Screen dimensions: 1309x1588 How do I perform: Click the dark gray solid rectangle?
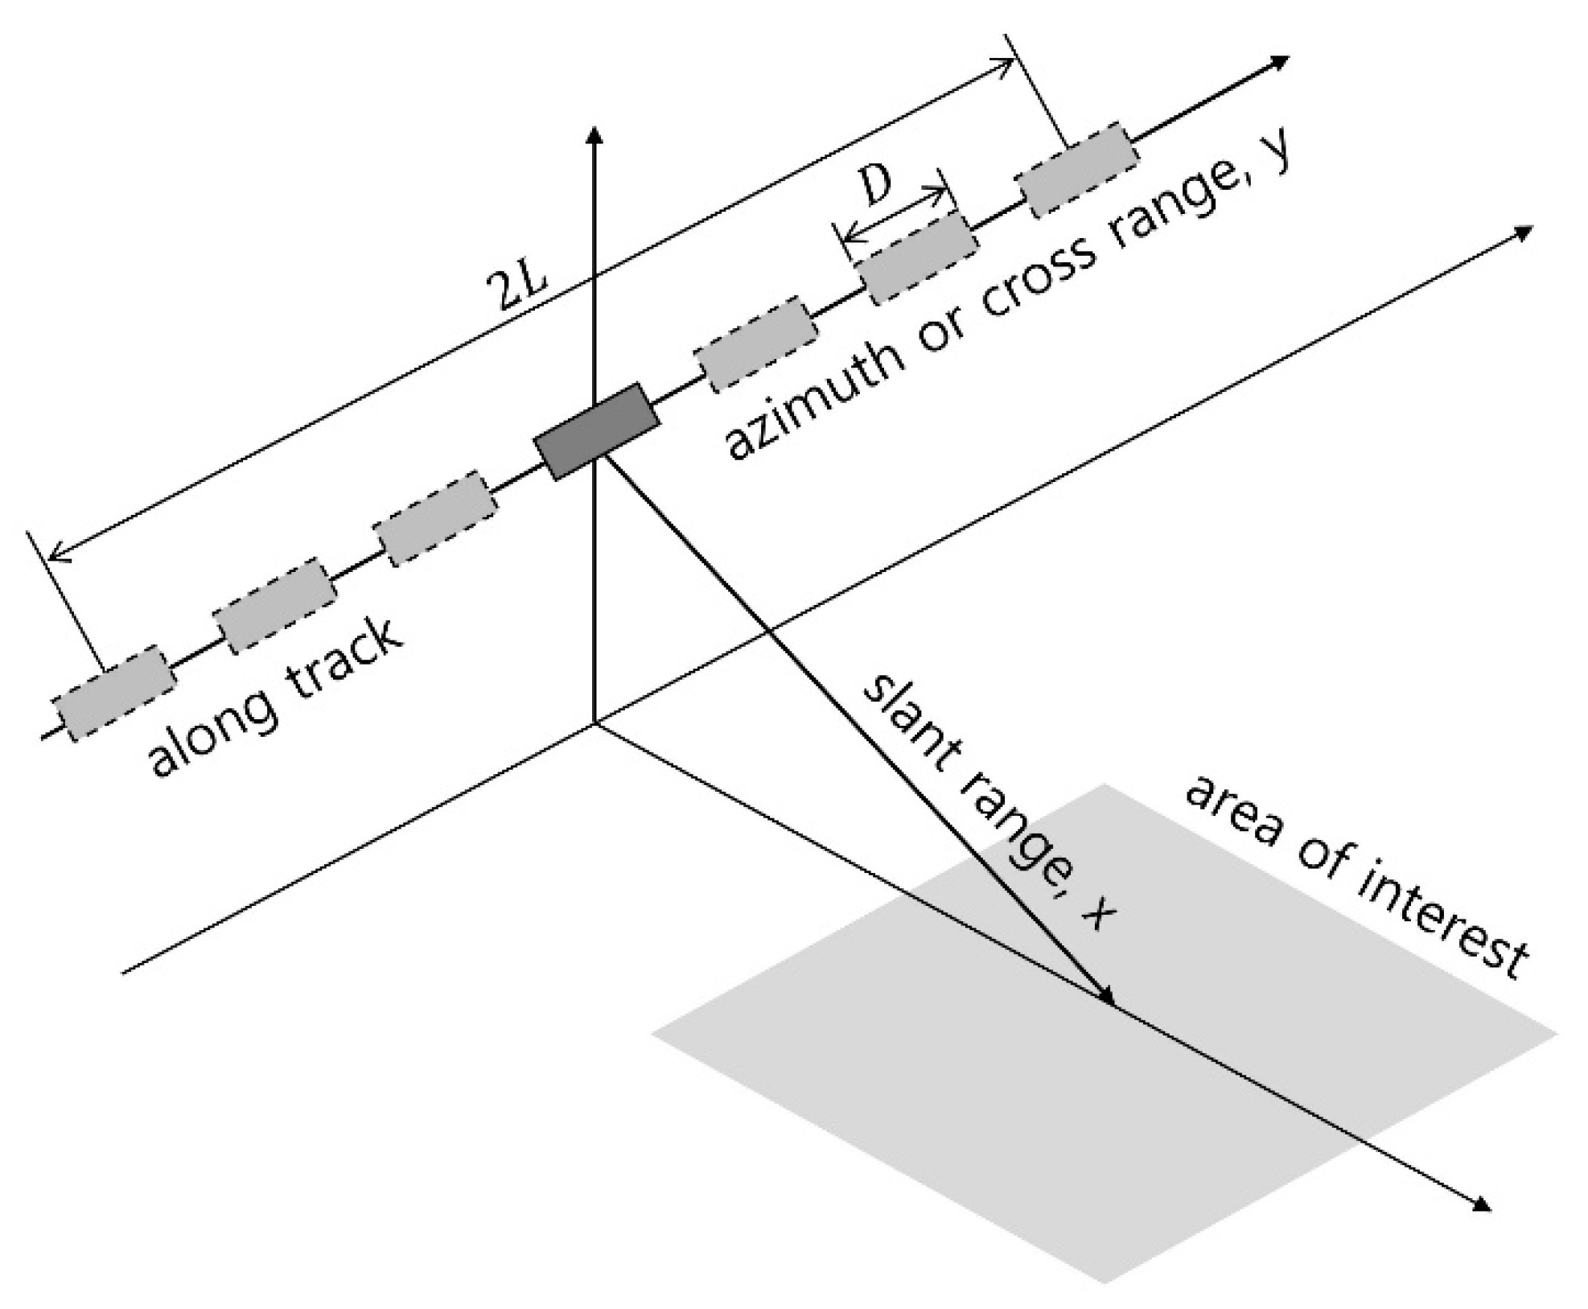(597, 431)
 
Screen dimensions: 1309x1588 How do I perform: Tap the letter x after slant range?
(1096, 913)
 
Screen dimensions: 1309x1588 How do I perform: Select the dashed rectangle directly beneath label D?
(919, 257)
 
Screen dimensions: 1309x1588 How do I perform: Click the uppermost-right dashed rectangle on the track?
(1078, 170)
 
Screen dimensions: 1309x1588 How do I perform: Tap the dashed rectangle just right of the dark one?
(755, 344)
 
